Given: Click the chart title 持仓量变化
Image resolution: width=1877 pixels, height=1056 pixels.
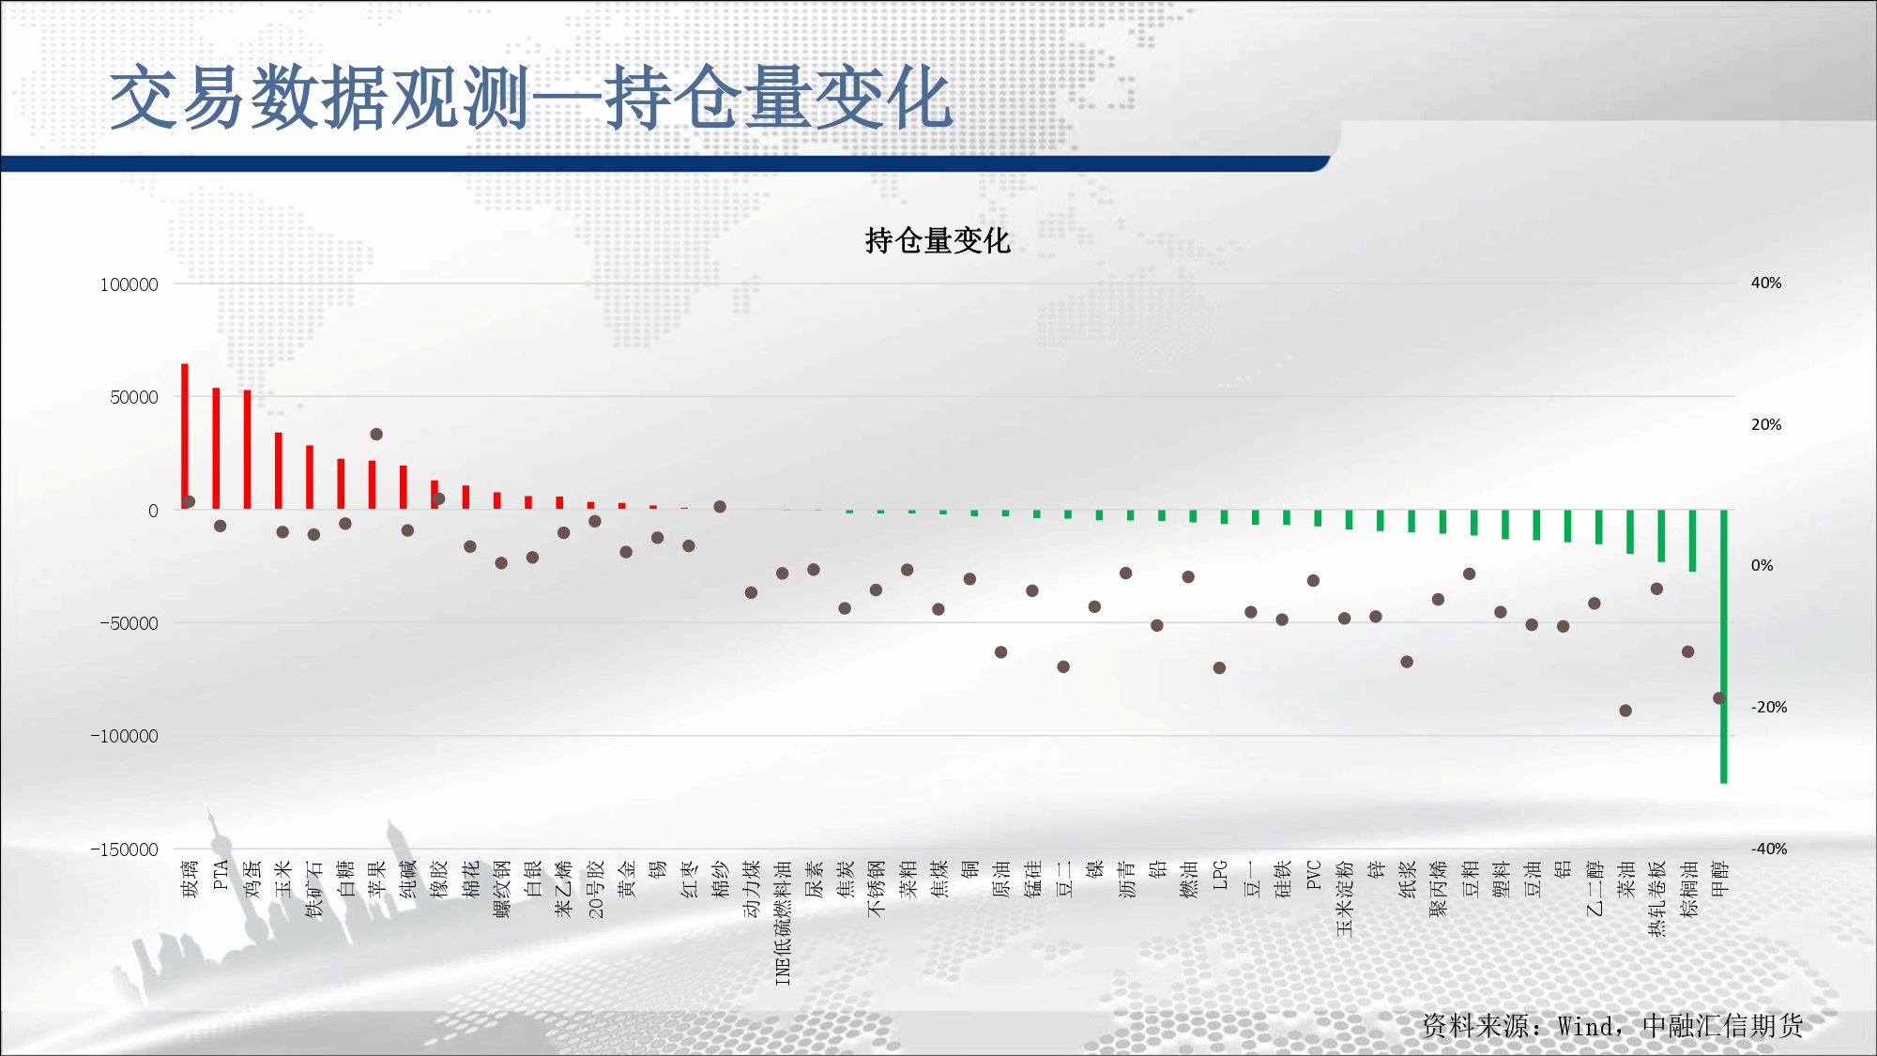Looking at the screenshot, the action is coord(938,241).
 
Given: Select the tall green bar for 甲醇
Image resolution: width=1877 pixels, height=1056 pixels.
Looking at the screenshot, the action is coord(1724,646).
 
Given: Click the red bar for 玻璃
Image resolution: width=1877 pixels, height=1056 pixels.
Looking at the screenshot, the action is coord(185,436).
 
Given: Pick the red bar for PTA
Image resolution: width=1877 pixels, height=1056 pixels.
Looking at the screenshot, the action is coord(216,449).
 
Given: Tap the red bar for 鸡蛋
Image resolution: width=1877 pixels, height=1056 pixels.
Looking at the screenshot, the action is coord(248,450).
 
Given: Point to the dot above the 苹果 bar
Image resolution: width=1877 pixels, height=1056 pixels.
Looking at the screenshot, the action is coord(376,434).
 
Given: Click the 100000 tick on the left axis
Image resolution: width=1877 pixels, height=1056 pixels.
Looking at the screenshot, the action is coord(130,284).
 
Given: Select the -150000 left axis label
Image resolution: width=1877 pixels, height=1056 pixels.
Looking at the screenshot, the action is coord(125,849).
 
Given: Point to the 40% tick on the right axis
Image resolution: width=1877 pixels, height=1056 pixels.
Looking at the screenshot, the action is coord(1766,283).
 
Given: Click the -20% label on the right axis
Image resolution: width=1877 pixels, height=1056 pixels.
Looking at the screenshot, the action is coord(1769,707).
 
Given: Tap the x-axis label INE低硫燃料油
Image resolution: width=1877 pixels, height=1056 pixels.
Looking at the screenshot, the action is coord(783,923).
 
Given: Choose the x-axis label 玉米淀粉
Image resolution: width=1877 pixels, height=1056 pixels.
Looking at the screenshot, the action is coord(1345,898).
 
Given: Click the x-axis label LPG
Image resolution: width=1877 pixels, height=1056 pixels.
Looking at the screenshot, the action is coord(1220,875).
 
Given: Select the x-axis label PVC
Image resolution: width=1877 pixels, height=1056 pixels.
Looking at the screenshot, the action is coord(1314,875).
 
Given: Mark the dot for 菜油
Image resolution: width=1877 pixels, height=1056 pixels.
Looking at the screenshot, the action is coord(1625,711).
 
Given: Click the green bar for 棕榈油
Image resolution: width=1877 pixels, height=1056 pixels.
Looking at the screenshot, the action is coord(1692,541).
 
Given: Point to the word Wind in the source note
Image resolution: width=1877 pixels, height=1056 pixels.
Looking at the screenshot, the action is coord(1585,1026).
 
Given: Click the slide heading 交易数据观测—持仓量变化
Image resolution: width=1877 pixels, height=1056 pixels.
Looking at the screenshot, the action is coord(532,98).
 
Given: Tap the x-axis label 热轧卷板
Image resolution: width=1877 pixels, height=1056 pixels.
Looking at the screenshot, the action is coord(1657,898).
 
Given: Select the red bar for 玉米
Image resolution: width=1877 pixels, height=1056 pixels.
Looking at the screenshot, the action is coord(279,471).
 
